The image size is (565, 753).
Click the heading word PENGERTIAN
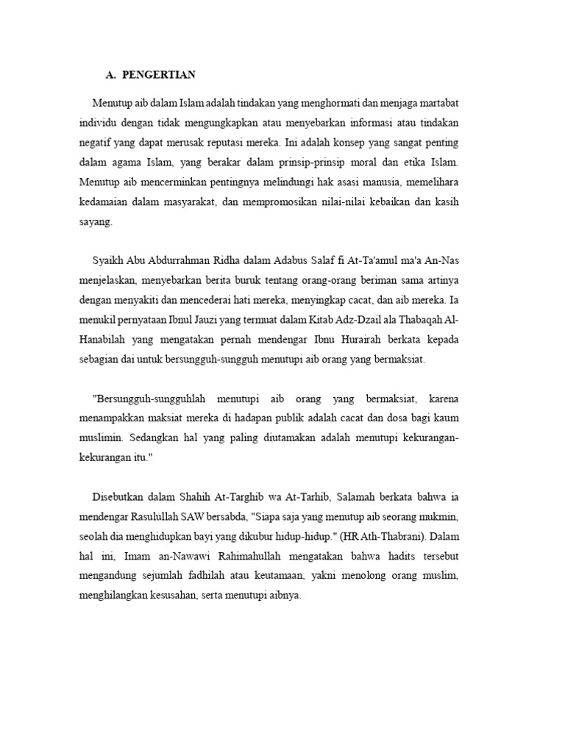click(x=159, y=74)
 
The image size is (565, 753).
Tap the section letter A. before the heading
click(x=111, y=74)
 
